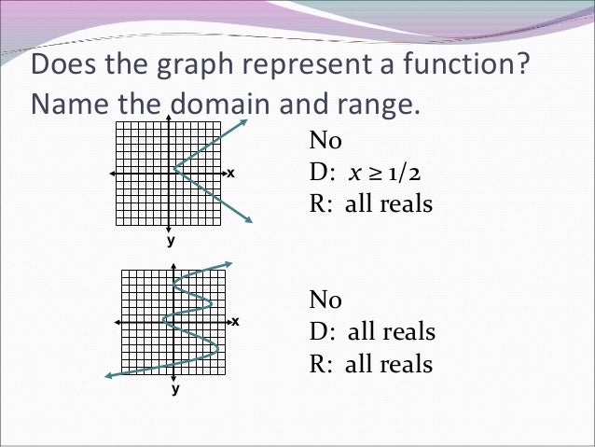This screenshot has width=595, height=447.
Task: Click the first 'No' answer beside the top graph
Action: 325,142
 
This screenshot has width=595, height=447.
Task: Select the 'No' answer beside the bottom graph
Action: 325,300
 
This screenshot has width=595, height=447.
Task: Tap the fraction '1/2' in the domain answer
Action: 414,173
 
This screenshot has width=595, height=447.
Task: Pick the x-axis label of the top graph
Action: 230,175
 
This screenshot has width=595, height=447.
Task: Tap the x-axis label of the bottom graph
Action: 235,321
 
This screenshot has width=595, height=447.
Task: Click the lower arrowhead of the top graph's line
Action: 250,220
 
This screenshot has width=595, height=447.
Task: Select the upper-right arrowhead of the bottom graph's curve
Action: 228,263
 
